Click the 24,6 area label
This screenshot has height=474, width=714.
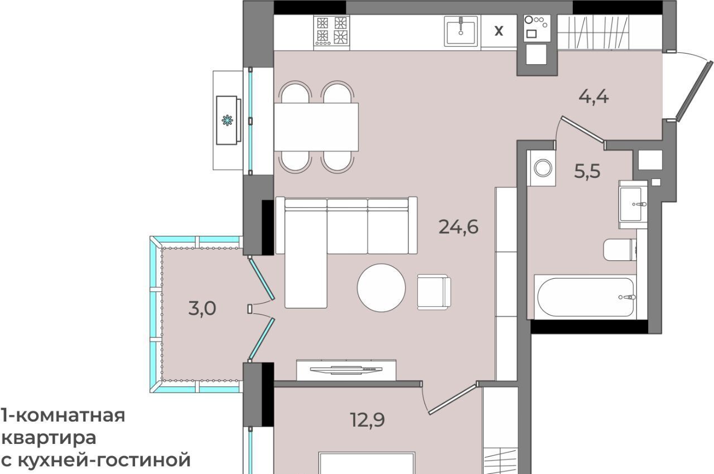[x=459, y=227]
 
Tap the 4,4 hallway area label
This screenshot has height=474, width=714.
[x=594, y=97]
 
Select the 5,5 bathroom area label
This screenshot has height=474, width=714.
[x=587, y=171]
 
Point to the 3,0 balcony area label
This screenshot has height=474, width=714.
[x=202, y=308]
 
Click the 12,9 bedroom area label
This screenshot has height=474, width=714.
[x=367, y=420]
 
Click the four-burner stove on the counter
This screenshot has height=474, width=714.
[x=331, y=31]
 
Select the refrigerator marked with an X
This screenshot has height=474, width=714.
[x=499, y=31]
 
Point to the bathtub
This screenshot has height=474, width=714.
[x=586, y=297]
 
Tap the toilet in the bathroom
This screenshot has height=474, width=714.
[x=620, y=249]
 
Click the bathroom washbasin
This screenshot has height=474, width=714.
[x=633, y=204]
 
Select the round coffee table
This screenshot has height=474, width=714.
[x=381, y=287]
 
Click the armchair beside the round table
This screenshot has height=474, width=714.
[x=434, y=292]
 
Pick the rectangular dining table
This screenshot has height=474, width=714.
[x=316, y=127]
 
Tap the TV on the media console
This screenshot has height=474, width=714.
[x=346, y=370]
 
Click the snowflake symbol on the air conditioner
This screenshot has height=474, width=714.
[x=227, y=120]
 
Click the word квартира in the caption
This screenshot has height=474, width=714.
[x=49, y=438]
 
